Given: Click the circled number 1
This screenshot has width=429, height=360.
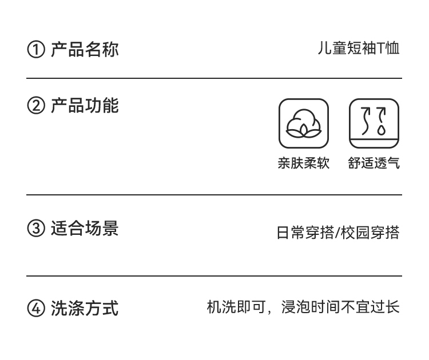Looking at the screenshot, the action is point(35,50).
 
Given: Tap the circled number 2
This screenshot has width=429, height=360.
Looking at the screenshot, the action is point(35,106).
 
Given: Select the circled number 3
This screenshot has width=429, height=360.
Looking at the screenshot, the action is point(35,229).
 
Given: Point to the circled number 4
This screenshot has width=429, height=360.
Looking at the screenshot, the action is point(35,309).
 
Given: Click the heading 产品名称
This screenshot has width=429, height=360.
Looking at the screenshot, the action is point(85,49).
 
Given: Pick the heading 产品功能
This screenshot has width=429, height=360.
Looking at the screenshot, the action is point(85,106).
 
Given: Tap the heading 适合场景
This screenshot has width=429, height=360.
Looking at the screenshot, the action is point(85,229).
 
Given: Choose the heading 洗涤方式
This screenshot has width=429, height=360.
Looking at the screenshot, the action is point(85,309).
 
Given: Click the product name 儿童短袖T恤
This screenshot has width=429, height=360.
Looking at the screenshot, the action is point(359,49).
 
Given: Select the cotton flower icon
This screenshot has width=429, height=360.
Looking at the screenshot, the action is point(304,123).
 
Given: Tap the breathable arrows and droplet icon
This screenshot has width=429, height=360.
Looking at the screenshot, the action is point(374,123).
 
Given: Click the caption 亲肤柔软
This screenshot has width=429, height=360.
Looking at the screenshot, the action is point(304,163).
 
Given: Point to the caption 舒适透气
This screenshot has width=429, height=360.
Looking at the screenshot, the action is point(374,163).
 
